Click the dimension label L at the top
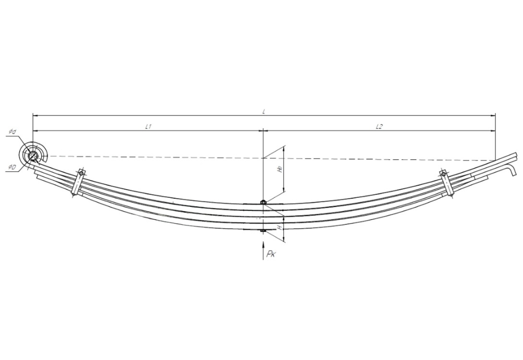point(264,111)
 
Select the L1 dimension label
point(149,126)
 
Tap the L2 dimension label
point(379,126)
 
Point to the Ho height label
point(280,169)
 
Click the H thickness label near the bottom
point(280,228)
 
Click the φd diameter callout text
point(12,132)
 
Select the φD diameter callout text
point(12,168)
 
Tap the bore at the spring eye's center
point(33,156)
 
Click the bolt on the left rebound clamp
point(81,174)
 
